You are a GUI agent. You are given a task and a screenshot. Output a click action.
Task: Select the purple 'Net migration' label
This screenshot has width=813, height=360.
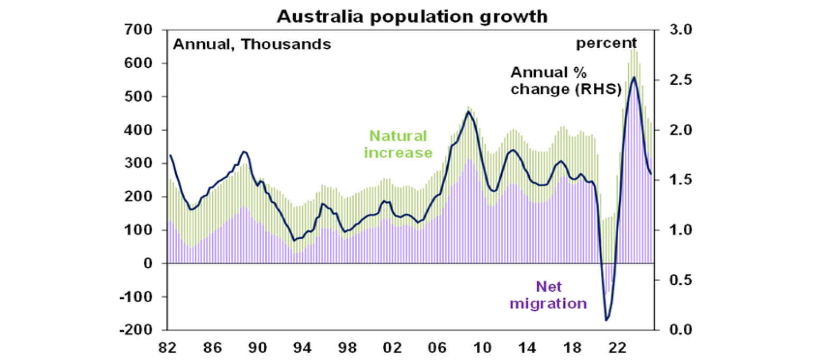tap(556, 295)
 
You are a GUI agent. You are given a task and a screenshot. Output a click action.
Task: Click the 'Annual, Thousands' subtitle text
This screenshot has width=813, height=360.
tap(252, 44)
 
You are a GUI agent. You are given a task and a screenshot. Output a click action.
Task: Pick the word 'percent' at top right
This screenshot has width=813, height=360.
tap(606, 43)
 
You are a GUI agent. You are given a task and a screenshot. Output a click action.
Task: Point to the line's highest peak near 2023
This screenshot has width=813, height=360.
tap(634, 77)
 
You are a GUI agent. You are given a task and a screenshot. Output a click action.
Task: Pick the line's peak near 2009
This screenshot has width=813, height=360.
tap(468, 112)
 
